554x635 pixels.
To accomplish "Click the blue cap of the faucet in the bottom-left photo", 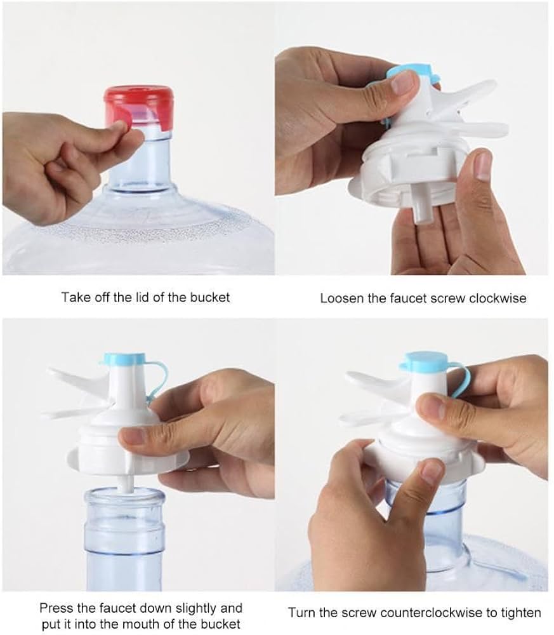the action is click(x=124, y=359).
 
